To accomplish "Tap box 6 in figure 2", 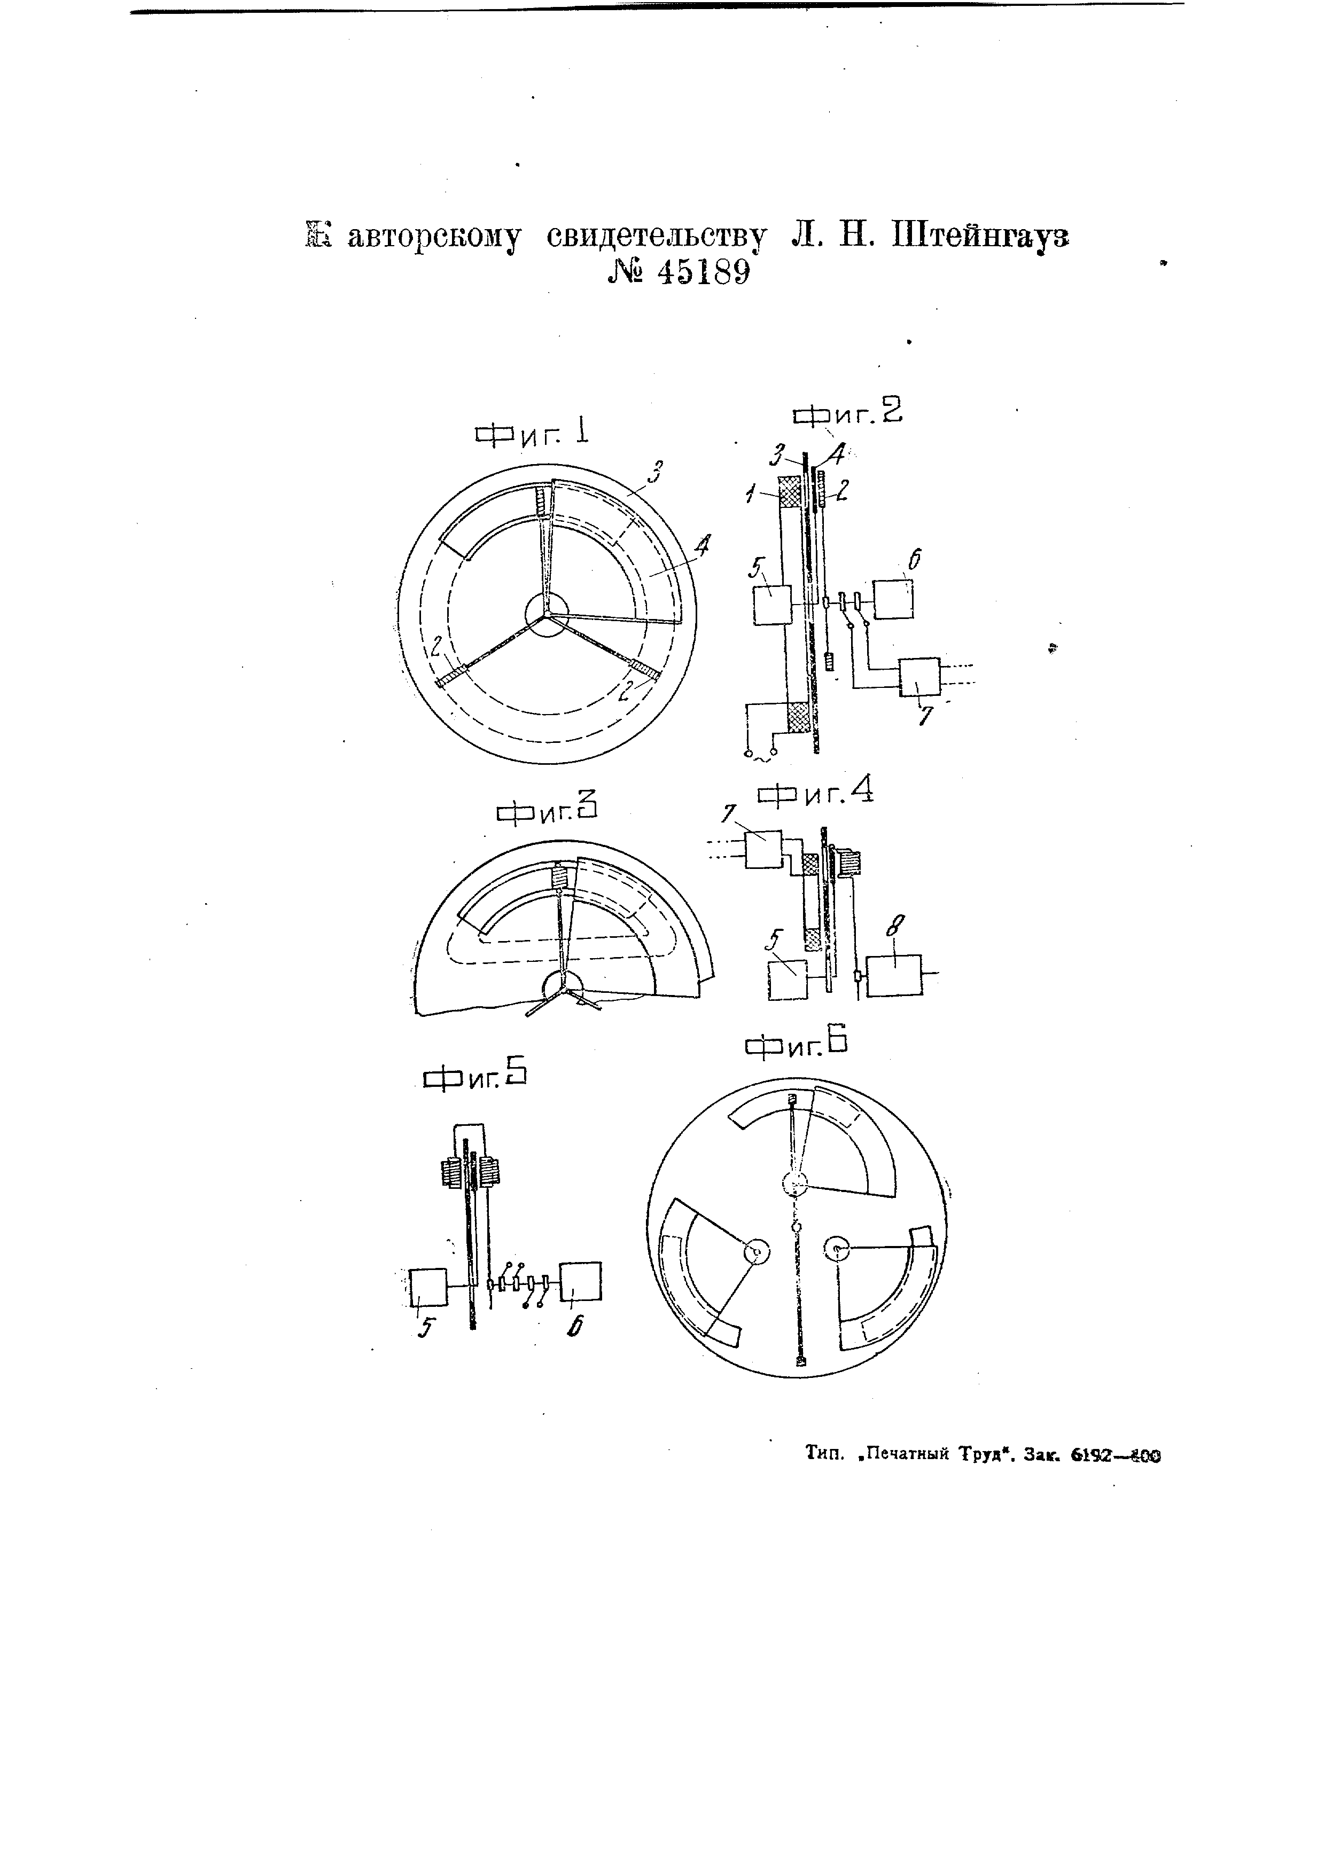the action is point(893,599).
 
